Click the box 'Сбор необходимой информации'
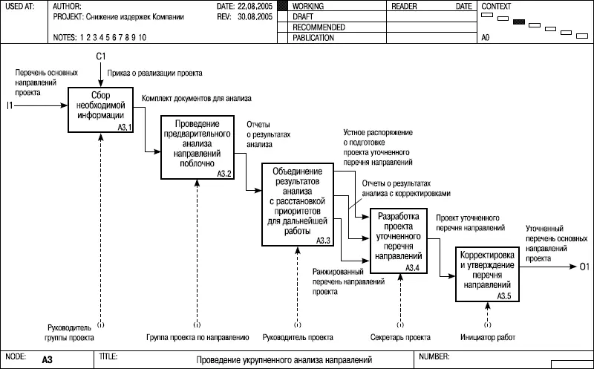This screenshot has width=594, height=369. pos(101,111)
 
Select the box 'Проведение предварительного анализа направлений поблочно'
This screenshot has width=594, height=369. pos(197,147)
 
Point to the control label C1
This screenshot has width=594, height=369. pos(101,56)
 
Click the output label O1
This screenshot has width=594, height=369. pos(584,266)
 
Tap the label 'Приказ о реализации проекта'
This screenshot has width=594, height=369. pos(154,74)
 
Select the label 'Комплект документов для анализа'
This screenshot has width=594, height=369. pos(197,97)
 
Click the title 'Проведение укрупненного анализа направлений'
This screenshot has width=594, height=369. pos(285,361)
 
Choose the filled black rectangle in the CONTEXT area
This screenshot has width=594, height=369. pos(519,21)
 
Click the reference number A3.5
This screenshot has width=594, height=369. pos(503,296)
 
